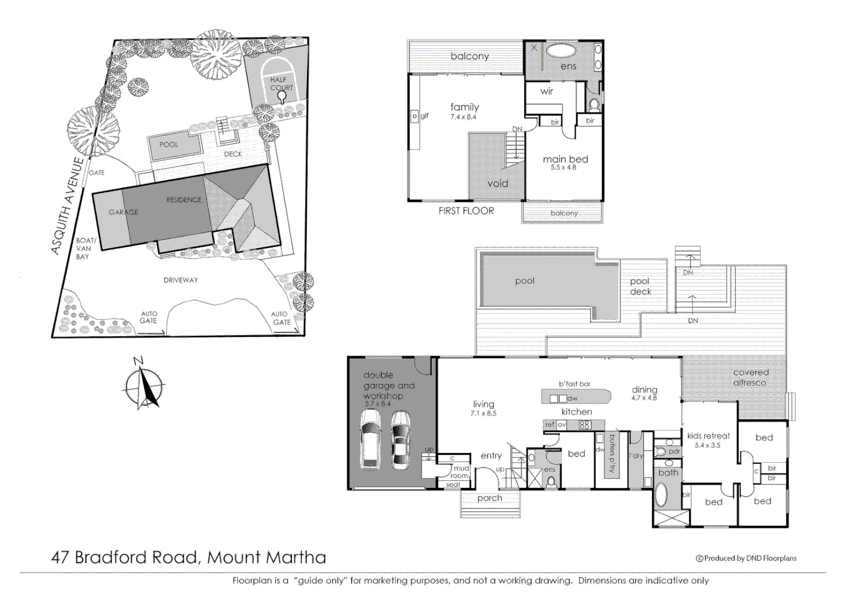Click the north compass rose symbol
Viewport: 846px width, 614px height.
click(x=144, y=387)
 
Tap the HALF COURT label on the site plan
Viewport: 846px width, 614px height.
click(x=281, y=84)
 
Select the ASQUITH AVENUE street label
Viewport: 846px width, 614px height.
click(x=68, y=206)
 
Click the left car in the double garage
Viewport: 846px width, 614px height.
click(x=370, y=438)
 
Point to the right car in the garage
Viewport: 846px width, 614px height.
click(x=401, y=439)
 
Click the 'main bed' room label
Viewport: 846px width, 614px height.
click(x=565, y=159)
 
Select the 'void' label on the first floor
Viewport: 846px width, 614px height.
click(x=497, y=184)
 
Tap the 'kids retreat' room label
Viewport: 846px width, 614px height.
click(x=708, y=436)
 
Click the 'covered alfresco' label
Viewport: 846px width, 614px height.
click(x=750, y=377)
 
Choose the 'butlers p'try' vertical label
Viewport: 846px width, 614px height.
click(x=612, y=454)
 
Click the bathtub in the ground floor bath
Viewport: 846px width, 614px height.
click(x=661, y=494)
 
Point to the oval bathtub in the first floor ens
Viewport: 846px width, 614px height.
click(x=562, y=51)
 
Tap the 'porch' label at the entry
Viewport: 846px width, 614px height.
click(x=489, y=498)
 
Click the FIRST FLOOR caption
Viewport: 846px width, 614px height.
click(x=466, y=211)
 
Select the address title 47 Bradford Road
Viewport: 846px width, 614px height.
click(x=188, y=557)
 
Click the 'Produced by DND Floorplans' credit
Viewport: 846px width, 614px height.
click(x=746, y=558)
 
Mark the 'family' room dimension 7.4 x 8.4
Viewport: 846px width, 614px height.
click(x=463, y=117)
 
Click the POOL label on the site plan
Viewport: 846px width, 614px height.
click(x=168, y=144)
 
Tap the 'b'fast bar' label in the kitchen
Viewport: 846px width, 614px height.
click(x=575, y=384)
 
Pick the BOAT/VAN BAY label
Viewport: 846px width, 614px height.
click(x=85, y=248)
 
